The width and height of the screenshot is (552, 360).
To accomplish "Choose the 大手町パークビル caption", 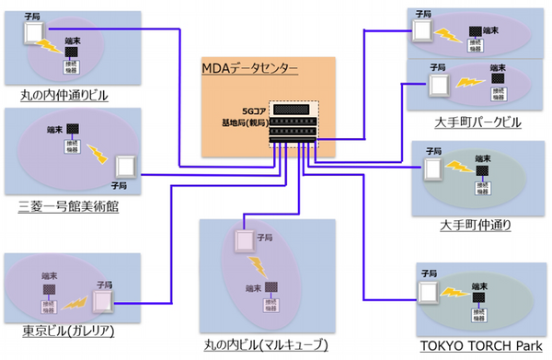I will [x=477, y=122].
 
